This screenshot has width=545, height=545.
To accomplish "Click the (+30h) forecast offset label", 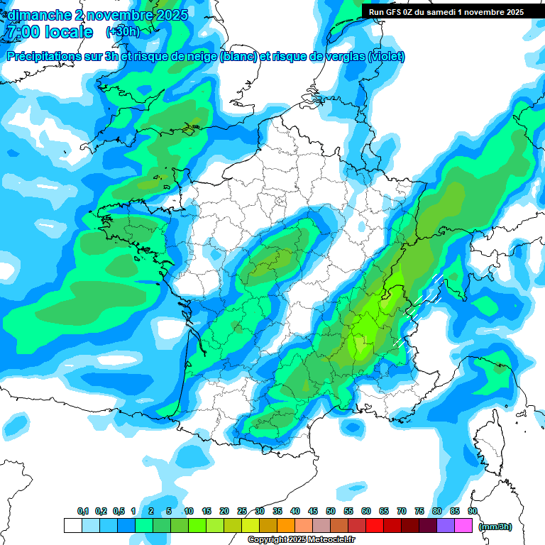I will tap(123, 32).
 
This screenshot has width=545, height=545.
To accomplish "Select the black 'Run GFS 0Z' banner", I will tap(446, 11).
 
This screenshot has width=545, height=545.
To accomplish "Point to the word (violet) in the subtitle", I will tap(386, 57).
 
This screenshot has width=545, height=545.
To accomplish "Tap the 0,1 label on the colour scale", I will tap(82, 512).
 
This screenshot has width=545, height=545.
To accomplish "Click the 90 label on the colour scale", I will tap(473, 512).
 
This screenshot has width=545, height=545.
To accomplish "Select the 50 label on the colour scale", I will tap(331, 512).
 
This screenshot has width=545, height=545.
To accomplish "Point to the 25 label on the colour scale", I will tap(242, 512).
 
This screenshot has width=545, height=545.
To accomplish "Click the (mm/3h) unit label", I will tap(496, 526).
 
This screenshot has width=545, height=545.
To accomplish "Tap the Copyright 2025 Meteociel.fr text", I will tap(301, 539).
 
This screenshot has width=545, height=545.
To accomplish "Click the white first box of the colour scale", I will tap(72, 526).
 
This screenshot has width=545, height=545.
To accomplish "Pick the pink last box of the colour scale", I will tap(463, 526).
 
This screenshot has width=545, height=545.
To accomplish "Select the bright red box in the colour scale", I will tap(375, 526).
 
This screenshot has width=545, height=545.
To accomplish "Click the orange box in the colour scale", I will tap(286, 526).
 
